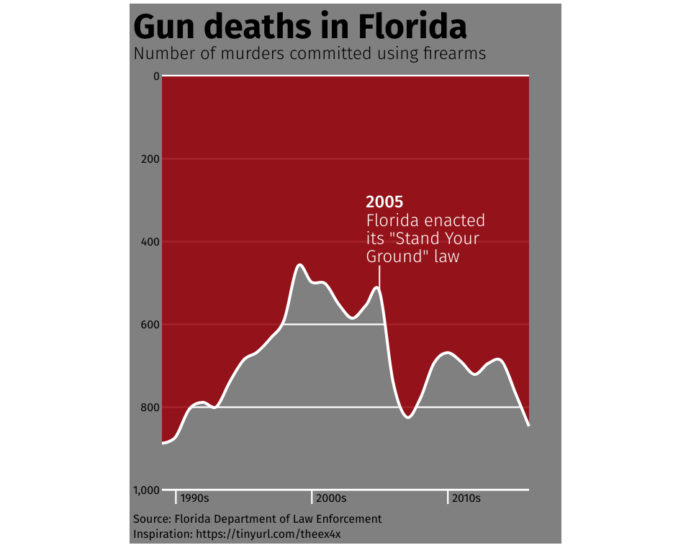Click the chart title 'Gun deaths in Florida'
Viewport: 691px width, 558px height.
click(x=300, y=27)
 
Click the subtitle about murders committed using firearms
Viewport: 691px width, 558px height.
click(x=310, y=53)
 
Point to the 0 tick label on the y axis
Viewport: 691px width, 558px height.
click(x=155, y=76)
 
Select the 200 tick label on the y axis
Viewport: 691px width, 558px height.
click(x=149, y=158)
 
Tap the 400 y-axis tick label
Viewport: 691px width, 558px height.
click(x=149, y=241)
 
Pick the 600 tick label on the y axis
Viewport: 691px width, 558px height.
click(x=149, y=325)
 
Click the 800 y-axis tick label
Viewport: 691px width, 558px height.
click(x=149, y=408)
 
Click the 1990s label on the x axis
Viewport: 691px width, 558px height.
click(x=194, y=498)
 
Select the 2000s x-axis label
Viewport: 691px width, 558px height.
click(x=331, y=498)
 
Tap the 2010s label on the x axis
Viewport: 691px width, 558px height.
click(x=466, y=498)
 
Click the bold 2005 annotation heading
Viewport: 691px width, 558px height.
click(x=384, y=202)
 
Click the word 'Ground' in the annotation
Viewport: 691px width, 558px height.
click(x=393, y=256)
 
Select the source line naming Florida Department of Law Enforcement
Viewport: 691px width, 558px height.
click(x=258, y=519)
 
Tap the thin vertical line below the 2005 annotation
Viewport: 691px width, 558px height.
click(x=379, y=276)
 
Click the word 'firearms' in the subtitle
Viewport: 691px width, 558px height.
click(x=448, y=53)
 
